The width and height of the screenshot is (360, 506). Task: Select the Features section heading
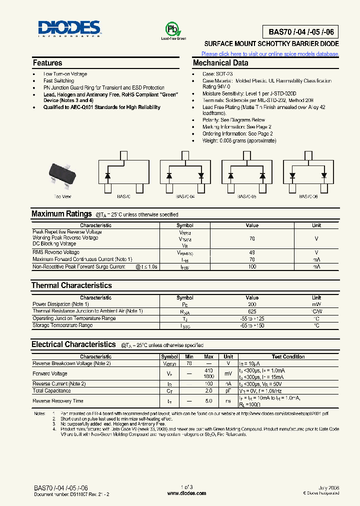pyautogui.click(x=47, y=63)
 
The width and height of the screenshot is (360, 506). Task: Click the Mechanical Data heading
pyautogui.click(x=220, y=63)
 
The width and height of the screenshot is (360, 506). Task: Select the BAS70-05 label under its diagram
pyautogui.click(x=246, y=197)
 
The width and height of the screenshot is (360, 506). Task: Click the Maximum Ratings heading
pyautogui.click(x=61, y=214)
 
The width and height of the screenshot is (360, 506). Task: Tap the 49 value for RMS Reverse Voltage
pyautogui.click(x=252, y=252)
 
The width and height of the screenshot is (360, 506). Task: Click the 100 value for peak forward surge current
pyautogui.click(x=252, y=267)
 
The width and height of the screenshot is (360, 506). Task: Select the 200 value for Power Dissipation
pyautogui.click(x=252, y=304)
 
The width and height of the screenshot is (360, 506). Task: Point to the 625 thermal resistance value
pyautogui.click(x=252, y=311)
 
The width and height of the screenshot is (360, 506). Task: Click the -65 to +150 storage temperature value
pyautogui.click(x=252, y=325)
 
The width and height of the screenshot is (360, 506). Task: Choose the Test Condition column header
pyautogui.click(x=288, y=357)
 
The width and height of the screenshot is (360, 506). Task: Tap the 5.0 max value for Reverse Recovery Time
pyautogui.click(x=209, y=401)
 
